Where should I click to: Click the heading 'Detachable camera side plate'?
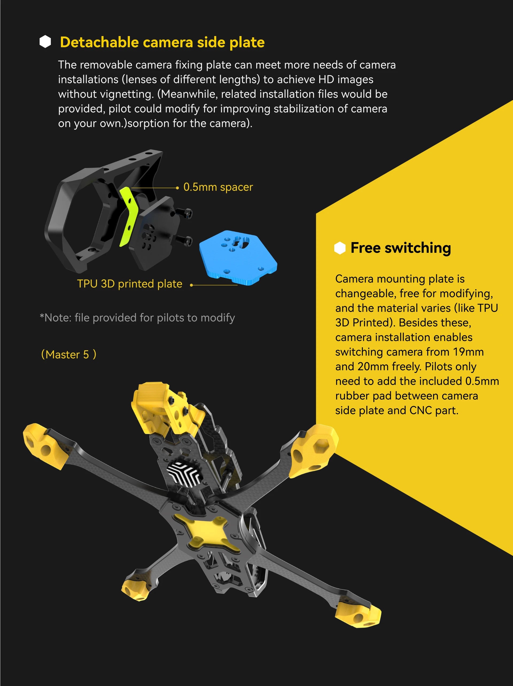[x=162, y=42]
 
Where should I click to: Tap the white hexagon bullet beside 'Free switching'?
[x=340, y=248]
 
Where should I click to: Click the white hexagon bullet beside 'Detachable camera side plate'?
[x=45, y=42]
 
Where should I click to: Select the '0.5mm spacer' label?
[x=218, y=187]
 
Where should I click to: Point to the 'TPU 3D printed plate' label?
[x=130, y=284]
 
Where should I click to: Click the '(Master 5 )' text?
[x=69, y=354]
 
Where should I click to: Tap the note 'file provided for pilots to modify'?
[x=137, y=318]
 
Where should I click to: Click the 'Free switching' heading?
[x=401, y=248]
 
